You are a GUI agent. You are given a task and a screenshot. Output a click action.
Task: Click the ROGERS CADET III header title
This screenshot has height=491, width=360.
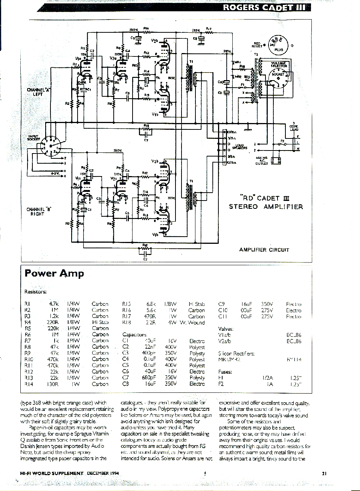click(264, 8)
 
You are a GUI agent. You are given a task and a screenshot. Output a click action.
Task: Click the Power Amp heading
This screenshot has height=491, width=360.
click(54, 274)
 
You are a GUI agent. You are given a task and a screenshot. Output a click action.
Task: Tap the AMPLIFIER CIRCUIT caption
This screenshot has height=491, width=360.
click(264, 250)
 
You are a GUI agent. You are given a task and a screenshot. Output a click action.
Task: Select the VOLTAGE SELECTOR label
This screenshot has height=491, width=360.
click(279, 64)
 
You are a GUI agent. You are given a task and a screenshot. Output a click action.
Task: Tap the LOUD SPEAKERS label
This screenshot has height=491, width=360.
click(240, 147)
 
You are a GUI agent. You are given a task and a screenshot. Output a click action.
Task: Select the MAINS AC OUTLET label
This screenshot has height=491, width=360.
click(262, 161)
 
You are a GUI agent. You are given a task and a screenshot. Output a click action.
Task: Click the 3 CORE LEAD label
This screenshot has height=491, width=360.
click(294, 126)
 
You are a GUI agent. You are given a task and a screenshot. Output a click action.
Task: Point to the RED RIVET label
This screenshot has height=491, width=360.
click(257, 45)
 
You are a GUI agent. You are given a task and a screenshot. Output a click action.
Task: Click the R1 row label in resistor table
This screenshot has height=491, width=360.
click(27, 304)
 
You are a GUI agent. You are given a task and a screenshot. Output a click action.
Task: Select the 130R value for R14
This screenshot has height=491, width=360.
click(53, 384)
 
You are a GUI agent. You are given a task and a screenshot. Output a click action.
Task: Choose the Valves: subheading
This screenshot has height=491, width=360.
click(226, 329)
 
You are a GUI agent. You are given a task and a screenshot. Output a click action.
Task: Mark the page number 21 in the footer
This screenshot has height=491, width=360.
click(324, 473)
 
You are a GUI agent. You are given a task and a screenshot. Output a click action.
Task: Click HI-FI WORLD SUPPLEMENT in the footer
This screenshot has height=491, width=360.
click(52, 473)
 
